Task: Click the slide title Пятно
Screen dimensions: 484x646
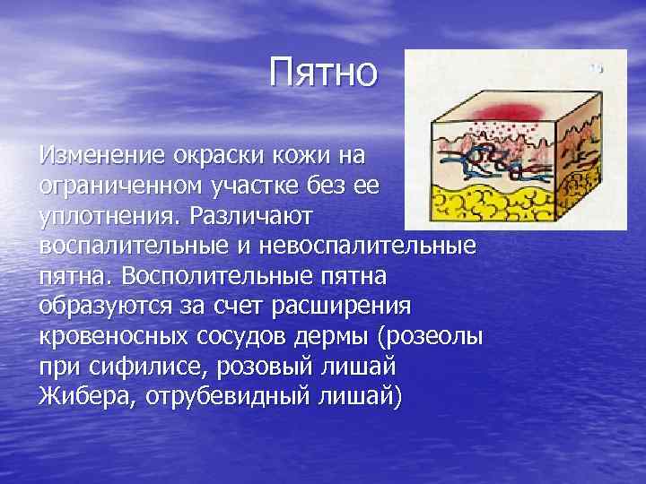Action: pos(326,73)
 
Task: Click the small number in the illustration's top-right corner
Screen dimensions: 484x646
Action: pos(597,68)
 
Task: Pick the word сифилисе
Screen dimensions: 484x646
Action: pos(156,367)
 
